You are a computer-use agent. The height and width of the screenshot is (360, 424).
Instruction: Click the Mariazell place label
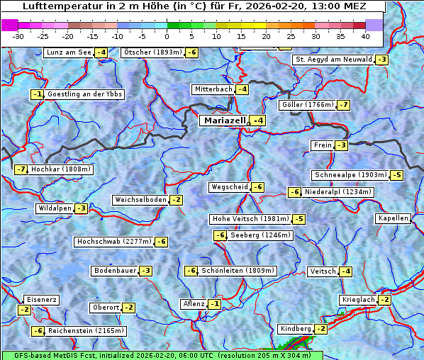tap(224, 120)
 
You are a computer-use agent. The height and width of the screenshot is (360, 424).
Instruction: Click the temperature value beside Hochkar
tap(21, 169)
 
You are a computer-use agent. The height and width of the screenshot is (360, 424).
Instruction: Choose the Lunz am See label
tap(69, 52)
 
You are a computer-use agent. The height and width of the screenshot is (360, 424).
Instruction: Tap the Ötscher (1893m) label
tap(152, 52)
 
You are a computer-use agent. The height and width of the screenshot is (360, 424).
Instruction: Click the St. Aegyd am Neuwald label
tap(333, 60)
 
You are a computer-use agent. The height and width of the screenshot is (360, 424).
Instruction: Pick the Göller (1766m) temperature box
tap(343, 105)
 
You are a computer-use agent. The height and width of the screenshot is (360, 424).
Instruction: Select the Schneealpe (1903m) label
tap(350, 175)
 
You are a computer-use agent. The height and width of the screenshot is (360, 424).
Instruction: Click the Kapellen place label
tap(394, 218)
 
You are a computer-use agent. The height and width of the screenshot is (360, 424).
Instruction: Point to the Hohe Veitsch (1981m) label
tap(250, 219)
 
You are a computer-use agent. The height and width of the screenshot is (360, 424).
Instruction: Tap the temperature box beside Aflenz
tap(214, 304)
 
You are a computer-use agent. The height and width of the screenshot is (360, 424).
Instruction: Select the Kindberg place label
tap(296, 329)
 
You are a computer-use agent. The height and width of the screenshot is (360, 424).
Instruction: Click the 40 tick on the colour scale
tap(365, 35)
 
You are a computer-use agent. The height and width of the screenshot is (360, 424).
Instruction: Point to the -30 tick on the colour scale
tap(18, 35)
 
